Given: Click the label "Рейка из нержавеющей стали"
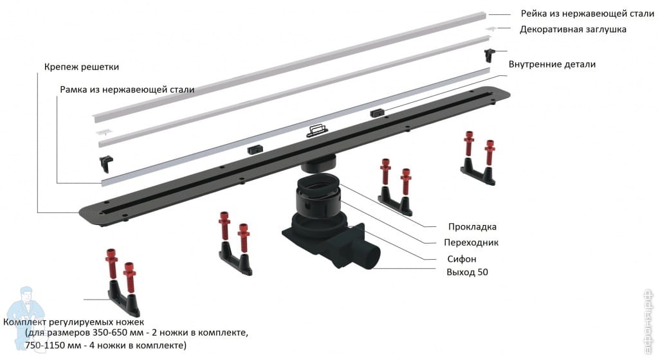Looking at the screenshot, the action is [x=587, y=14].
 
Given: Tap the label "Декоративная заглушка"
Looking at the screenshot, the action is [x=573, y=30].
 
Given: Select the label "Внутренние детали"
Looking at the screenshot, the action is [x=552, y=64].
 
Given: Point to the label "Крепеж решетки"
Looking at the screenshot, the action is [x=82, y=67].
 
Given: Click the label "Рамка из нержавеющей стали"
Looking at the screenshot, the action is [x=127, y=89].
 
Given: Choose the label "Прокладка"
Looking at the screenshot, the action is [x=472, y=227].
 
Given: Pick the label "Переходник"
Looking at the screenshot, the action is [x=471, y=242].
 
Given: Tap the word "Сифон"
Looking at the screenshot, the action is [x=462, y=259].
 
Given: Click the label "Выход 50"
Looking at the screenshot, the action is [x=467, y=272].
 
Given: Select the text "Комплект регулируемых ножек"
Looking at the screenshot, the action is [x=73, y=322].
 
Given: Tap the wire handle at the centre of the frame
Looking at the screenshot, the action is [x=317, y=131].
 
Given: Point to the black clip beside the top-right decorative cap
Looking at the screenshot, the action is [x=489, y=55].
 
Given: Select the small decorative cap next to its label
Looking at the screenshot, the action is [x=491, y=28].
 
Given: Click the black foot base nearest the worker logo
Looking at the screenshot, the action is [x=123, y=298].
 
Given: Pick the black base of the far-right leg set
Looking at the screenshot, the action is [x=478, y=172].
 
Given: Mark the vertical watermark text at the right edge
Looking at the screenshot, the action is [x=649, y=321].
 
